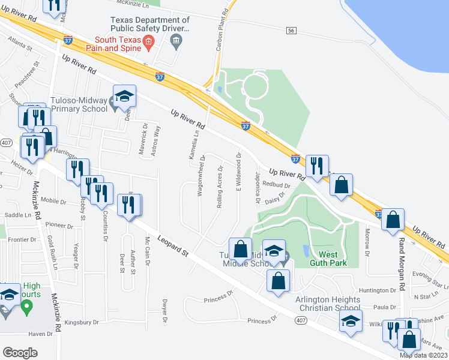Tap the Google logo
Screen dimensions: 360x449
[x=20, y=353]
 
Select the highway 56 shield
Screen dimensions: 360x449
[x=291, y=30]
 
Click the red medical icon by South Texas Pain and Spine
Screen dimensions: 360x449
[x=150, y=41]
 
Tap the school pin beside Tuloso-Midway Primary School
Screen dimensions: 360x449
[x=124, y=98]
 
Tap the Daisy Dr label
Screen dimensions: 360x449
[x=274, y=199]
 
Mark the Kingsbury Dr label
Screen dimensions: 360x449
[x=81, y=322]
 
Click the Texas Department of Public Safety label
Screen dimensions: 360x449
[x=149, y=23]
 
